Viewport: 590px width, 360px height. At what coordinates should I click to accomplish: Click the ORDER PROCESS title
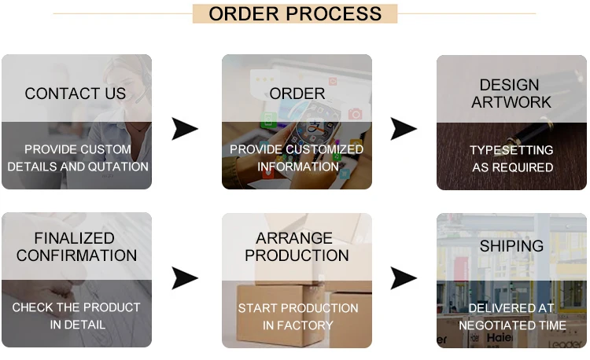tap(295, 13)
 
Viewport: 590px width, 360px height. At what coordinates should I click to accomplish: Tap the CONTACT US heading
tap(76, 94)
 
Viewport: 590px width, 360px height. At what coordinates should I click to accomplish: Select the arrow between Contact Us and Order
tap(185, 128)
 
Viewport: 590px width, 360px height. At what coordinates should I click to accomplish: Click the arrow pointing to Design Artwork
tap(404, 128)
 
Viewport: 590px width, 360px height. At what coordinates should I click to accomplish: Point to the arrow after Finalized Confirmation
tap(185, 277)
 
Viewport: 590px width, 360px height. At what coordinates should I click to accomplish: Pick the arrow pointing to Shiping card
tap(404, 277)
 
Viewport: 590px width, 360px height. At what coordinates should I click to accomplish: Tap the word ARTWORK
tap(511, 102)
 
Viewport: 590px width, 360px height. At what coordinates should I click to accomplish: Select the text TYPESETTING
tap(511, 150)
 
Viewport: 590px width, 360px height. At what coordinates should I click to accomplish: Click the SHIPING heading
tap(511, 246)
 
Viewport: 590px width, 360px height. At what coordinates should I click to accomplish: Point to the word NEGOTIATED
tap(488, 325)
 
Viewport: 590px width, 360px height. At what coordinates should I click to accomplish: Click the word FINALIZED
tap(74, 238)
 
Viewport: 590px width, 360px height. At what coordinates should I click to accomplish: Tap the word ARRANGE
tap(296, 238)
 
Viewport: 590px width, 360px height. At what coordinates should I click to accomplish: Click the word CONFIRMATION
tap(76, 255)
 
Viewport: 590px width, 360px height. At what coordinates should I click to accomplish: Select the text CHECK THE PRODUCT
tap(76, 307)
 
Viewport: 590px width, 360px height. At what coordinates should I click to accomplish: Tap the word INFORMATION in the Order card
tap(297, 167)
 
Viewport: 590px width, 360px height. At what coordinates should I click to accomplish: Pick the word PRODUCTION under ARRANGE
tap(297, 255)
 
